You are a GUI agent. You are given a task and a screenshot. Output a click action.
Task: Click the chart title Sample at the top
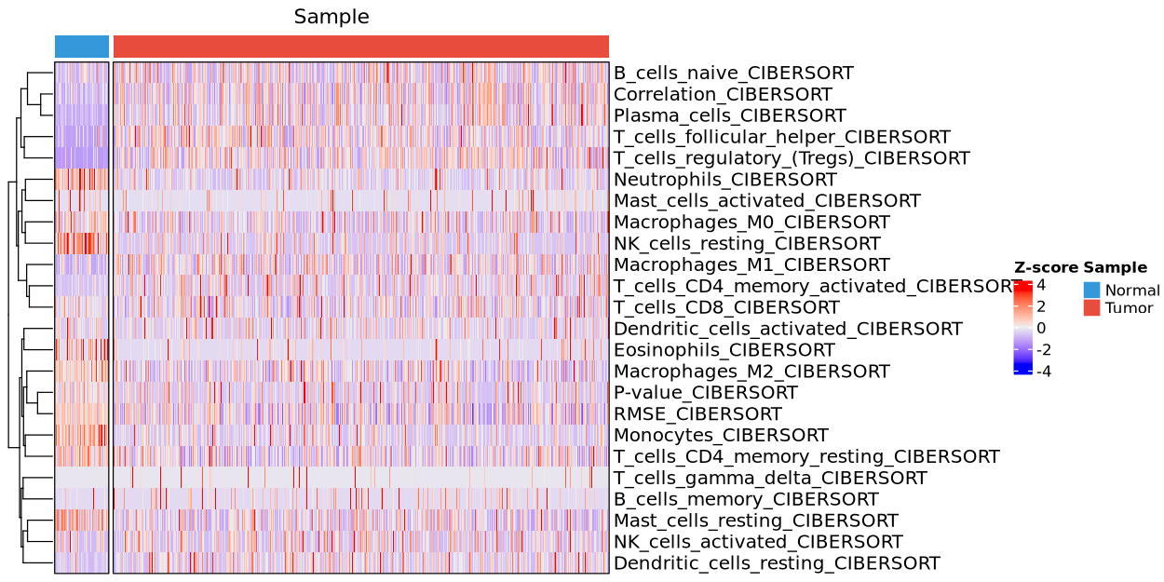[332, 17]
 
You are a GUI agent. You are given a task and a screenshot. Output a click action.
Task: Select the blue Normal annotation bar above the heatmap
[82, 47]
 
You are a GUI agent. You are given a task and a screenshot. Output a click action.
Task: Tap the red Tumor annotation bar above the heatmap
[360, 47]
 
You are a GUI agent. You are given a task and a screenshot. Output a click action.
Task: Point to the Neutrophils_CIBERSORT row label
[724, 180]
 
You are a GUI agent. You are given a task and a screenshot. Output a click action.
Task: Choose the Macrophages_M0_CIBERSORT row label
[751, 223]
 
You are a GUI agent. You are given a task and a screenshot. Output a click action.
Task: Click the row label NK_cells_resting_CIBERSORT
[747, 244]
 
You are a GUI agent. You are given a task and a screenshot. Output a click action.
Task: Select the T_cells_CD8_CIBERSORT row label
[726, 307]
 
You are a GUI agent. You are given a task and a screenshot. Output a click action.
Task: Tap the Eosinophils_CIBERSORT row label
[724, 350]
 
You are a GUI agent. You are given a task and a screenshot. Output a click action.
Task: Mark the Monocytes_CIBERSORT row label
[720, 436]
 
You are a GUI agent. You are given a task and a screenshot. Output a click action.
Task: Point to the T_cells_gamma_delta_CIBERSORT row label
[770, 479]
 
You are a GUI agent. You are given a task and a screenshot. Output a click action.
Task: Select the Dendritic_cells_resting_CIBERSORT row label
[777, 563]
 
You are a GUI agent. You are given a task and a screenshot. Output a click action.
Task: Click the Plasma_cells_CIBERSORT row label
[729, 115]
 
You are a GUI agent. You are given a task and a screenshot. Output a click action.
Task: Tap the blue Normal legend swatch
[1091, 291]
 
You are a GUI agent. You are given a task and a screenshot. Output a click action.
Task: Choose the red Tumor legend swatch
[1091, 308]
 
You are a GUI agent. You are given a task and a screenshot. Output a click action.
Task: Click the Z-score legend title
[1046, 267]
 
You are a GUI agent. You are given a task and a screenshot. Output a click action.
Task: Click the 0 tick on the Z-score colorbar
[1041, 328]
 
